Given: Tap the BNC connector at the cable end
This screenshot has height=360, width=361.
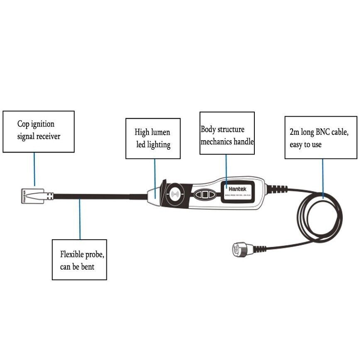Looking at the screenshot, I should [x=239, y=249].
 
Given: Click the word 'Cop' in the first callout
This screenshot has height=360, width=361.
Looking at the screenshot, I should [x=24, y=124].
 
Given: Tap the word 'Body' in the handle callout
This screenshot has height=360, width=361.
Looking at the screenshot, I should [x=208, y=129].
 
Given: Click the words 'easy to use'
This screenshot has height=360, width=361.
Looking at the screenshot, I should [x=305, y=145].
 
